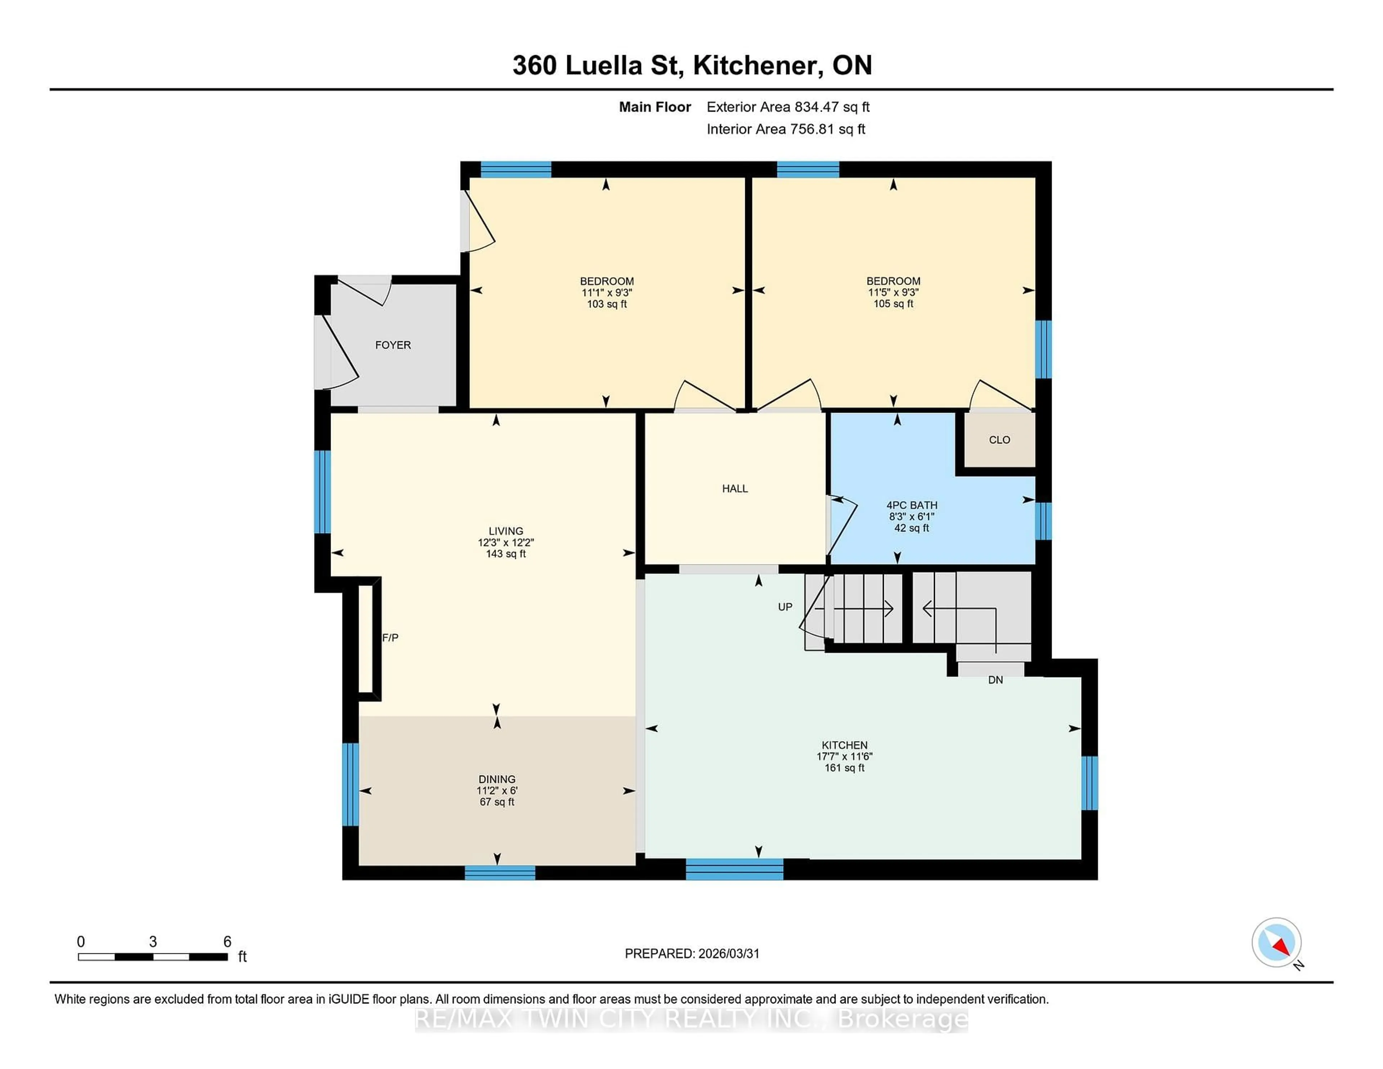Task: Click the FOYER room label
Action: click(393, 345)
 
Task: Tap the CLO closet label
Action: click(999, 439)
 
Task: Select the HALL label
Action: click(735, 488)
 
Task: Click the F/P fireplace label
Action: click(390, 638)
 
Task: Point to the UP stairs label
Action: click(784, 607)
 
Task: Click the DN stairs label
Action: click(995, 680)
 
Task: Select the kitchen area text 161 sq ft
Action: click(844, 768)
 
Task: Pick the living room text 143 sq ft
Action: click(505, 554)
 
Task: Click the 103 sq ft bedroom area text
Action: click(607, 304)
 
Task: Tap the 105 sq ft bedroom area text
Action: click(893, 304)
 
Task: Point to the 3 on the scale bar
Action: click(153, 942)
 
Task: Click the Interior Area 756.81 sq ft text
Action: click(785, 129)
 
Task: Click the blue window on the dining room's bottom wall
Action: click(500, 873)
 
